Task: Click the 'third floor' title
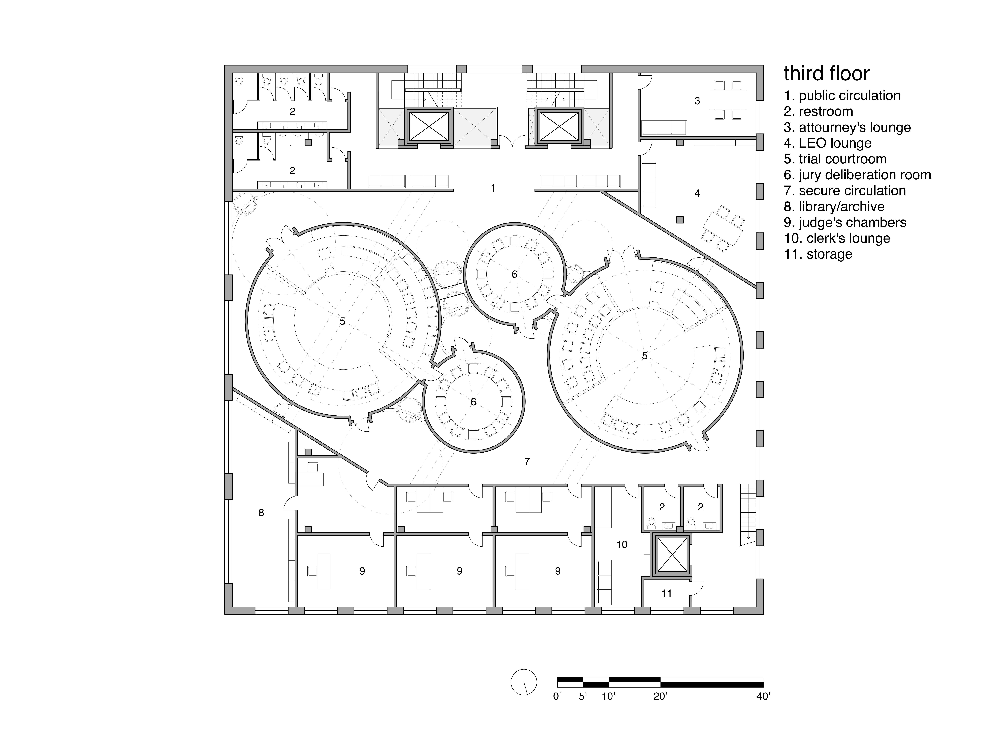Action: click(x=827, y=73)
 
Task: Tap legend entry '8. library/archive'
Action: click(x=834, y=207)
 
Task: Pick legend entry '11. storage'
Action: click(x=818, y=254)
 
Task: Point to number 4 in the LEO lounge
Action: click(x=697, y=193)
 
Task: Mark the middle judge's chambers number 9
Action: click(x=459, y=571)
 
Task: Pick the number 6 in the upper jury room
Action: click(x=514, y=274)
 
